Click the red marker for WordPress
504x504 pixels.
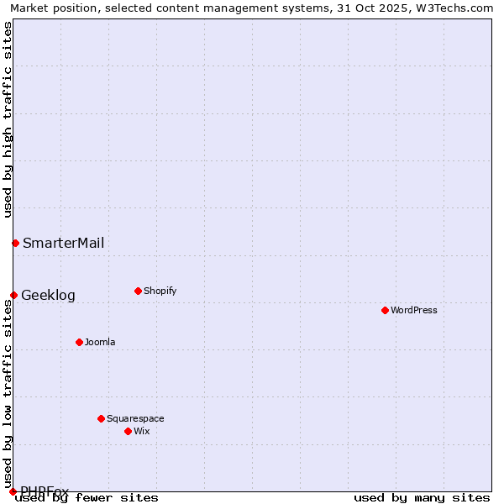coord(385,310)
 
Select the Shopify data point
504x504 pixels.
coord(138,291)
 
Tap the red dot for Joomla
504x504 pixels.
coord(79,342)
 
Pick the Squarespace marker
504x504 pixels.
coord(101,418)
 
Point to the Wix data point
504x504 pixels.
coord(128,431)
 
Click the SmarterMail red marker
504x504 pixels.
coord(15,243)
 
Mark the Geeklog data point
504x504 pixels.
coord(13,295)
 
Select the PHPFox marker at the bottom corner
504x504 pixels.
coord(13,491)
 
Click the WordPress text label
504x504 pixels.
coord(414,310)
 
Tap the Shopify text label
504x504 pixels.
coord(160,291)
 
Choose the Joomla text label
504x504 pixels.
coord(100,342)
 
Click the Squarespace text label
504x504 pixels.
coord(135,418)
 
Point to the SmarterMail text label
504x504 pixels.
coord(64,243)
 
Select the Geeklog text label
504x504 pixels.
coord(48,295)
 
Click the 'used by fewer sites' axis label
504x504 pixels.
coord(87,497)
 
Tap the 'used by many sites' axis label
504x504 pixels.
coord(422,497)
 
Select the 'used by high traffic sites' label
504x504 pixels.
coord(8,119)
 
